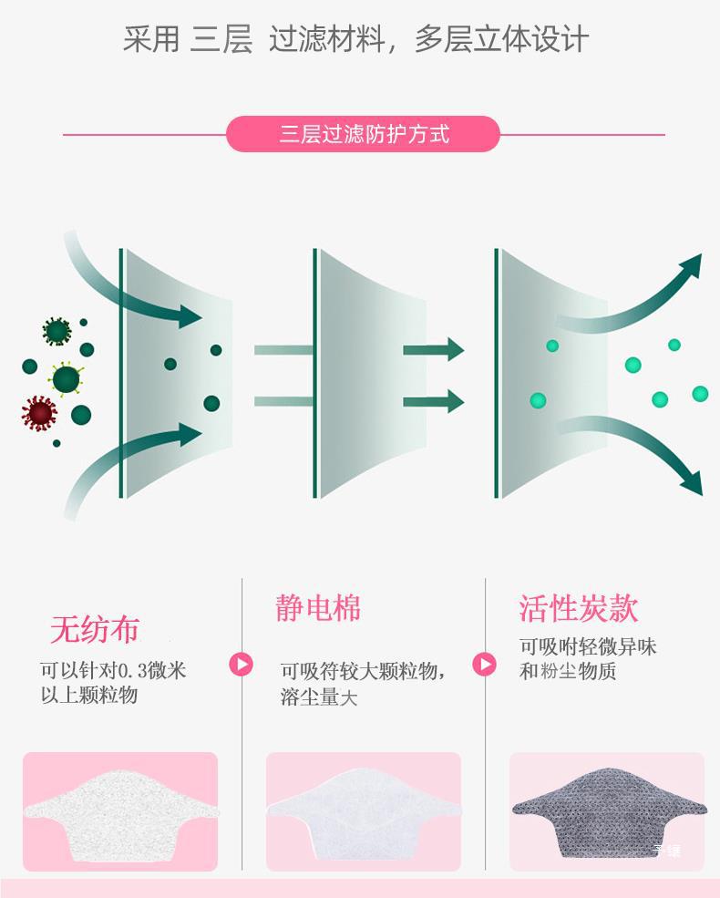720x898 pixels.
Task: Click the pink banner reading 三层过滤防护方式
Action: tap(363, 134)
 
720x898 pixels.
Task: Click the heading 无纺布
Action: tap(95, 629)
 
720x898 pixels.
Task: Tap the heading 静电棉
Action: tap(318, 607)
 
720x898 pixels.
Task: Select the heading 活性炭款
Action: tap(579, 608)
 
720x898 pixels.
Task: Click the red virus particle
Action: tap(39, 412)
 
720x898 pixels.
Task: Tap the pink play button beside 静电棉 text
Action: tap(241, 664)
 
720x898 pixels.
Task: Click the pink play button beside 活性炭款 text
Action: tap(484, 664)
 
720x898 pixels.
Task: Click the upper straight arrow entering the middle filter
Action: tap(434, 349)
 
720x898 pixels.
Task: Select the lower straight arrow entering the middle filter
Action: tap(434, 400)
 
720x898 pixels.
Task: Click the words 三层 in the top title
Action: tap(221, 40)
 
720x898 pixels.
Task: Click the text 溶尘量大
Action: tap(319, 698)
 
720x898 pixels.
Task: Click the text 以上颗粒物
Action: tap(89, 696)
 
